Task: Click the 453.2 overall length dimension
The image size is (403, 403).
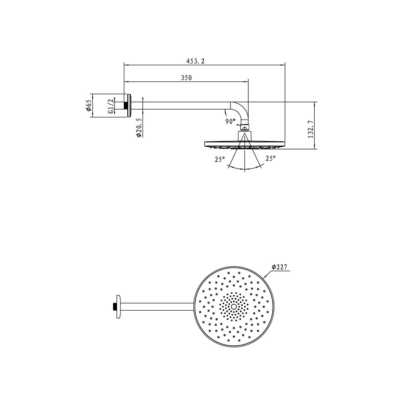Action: click(195, 60)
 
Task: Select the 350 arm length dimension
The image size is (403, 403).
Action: click(186, 78)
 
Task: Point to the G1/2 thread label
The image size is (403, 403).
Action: click(110, 106)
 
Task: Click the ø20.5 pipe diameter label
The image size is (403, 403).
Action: click(138, 128)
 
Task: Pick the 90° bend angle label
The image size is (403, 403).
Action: click(230, 121)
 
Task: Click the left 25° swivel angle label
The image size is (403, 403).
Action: click(219, 159)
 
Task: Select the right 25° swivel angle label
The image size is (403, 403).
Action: click(270, 159)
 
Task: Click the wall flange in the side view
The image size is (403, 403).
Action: click(129, 106)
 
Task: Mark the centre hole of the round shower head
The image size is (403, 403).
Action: click(234, 307)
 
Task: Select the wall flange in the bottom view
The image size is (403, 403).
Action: click(118, 307)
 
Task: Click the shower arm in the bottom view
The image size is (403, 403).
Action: click(157, 307)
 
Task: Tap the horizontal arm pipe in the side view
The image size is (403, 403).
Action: click(181, 106)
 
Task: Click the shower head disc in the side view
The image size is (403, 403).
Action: click(245, 143)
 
